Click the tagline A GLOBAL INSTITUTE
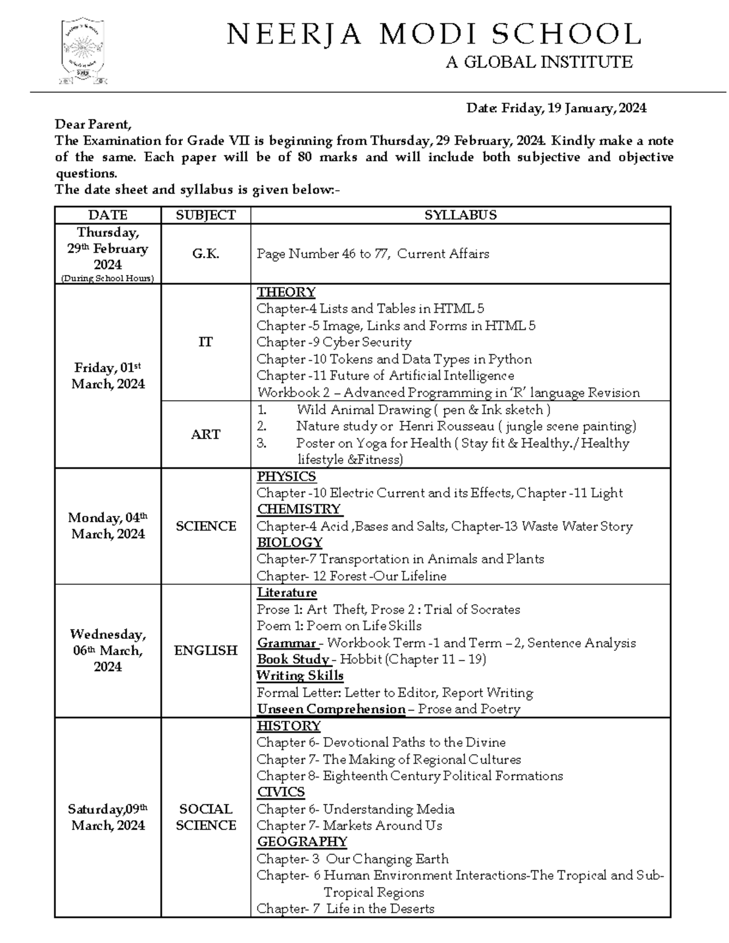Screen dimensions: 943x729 tap(539, 62)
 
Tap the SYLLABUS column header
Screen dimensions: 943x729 tap(460, 215)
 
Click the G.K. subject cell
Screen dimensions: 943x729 tap(205, 254)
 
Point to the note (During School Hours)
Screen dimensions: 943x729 tap(108, 278)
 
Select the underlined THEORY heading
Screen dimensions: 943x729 tap(286, 292)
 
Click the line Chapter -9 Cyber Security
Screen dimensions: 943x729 tap(334, 342)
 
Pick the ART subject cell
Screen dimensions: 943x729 tap(205, 434)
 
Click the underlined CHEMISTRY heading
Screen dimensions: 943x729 tap(298, 509)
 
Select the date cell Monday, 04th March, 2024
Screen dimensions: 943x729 tap(108, 526)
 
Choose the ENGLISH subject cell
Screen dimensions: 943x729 tap(205, 650)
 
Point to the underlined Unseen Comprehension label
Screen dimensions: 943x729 tap(330, 709)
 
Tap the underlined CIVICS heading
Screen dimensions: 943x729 tap(281, 792)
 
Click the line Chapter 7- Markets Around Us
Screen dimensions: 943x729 tap(349, 825)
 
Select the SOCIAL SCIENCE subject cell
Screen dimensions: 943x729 tap(205, 817)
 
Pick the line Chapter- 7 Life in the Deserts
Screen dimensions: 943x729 tap(345, 908)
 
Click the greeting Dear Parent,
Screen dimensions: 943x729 tap(93, 124)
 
